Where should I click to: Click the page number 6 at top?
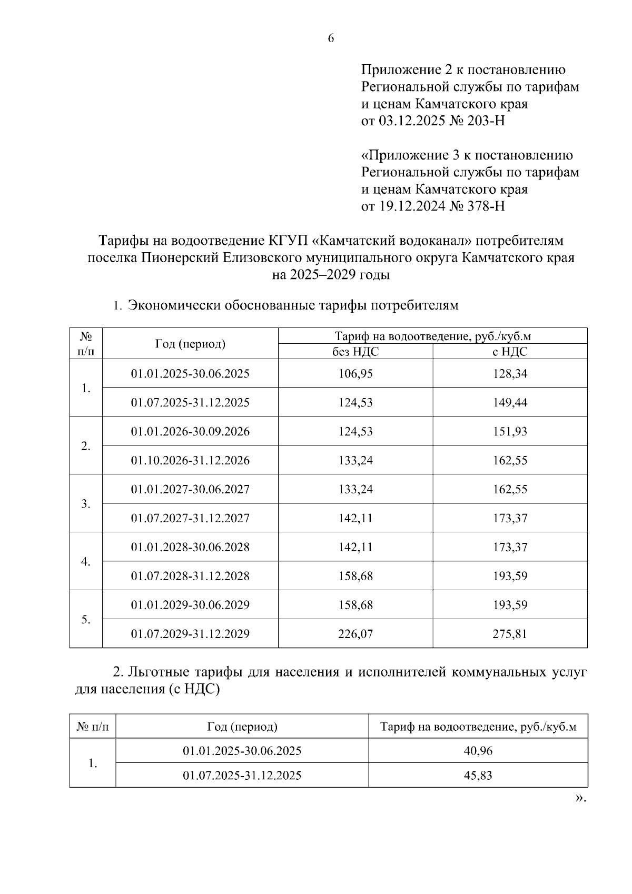tap(331, 38)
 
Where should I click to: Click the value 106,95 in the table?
tap(355, 374)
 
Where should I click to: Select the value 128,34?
tap(510, 374)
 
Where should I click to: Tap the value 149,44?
tap(510, 403)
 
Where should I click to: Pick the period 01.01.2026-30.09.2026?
tap(190, 432)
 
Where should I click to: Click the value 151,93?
tap(510, 432)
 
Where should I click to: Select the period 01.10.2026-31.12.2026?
tap(190, 461)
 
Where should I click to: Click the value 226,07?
tap(355, 634)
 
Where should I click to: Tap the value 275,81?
tap(510, 634)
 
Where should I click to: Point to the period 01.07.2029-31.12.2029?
tap(190, 634)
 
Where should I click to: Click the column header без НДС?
tap(355, 352)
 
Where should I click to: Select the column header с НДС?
tap(510, 352)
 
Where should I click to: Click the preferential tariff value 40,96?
tap(478, 751)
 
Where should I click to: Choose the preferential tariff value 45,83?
tap(478, 776)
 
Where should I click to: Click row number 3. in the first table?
tap(86, 504)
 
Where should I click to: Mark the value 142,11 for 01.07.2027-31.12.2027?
tap(355, 518)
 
